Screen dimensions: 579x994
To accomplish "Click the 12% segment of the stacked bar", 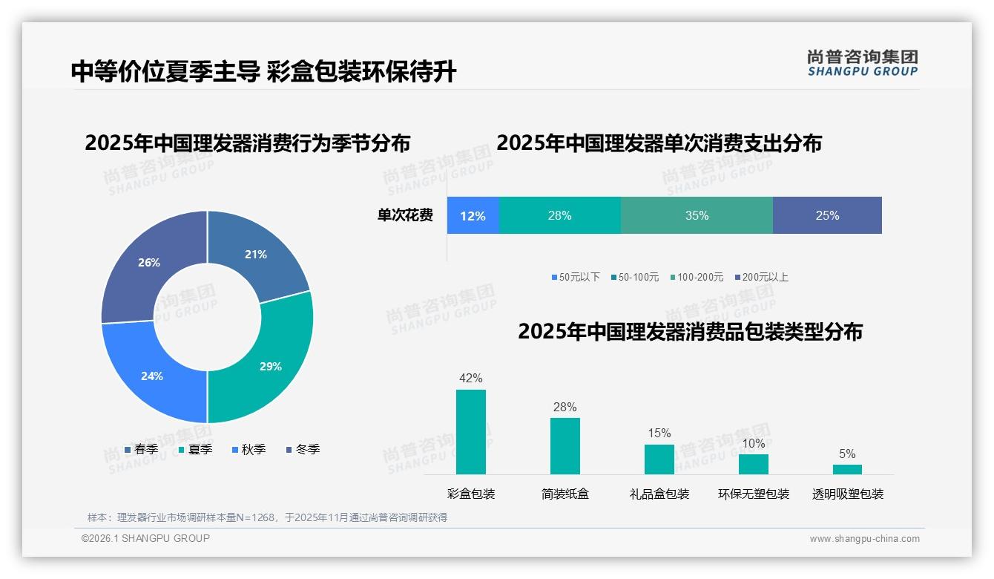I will [x=473, y=215].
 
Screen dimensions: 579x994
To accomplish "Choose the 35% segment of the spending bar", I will [x=697, y=215].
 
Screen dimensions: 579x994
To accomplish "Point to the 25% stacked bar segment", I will [x=827, y=215].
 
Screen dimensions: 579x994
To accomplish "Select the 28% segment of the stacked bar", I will [x=559, y=215].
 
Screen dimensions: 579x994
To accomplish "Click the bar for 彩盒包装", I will [x=471, y=432].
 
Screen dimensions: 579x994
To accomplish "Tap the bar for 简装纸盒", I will [x=565, y=446].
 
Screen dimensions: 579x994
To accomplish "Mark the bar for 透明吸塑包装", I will [x=847, y=469].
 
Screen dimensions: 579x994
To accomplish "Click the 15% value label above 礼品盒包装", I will [x=659, y=433].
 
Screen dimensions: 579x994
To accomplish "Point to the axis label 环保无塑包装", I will [x=754, y=494].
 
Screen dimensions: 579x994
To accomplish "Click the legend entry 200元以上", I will [x=762, y=277].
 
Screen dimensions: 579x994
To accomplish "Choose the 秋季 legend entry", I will [x=249, y=449].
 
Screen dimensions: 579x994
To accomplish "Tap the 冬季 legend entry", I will [x=303, y=449].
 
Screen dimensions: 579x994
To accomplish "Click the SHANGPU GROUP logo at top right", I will [x=862, y=63].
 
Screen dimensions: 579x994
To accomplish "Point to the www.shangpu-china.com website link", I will [x=864, y=538].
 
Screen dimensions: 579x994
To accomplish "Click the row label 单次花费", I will [x=405, y=215].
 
